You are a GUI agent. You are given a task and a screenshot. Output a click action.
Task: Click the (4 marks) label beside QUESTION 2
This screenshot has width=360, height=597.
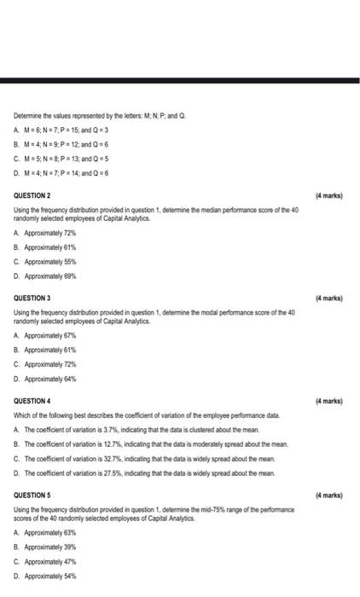pyautogui.click(x=328, y=196)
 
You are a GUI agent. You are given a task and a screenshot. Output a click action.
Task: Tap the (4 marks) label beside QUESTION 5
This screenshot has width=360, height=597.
pyautogui.click(x=328, y=495)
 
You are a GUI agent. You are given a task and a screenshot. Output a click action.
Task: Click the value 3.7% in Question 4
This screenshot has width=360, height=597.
pyautogui.click(x=108, y=430)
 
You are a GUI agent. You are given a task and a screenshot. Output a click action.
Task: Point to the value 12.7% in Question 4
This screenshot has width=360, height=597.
pyautogui.click(x=110, y=444)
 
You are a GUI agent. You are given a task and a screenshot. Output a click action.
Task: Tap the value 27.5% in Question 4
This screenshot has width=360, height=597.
pyautogui.click(x=110, y=472)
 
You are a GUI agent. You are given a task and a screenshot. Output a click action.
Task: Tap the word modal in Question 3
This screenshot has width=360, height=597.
pyautogui.click(x=183, y=313)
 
